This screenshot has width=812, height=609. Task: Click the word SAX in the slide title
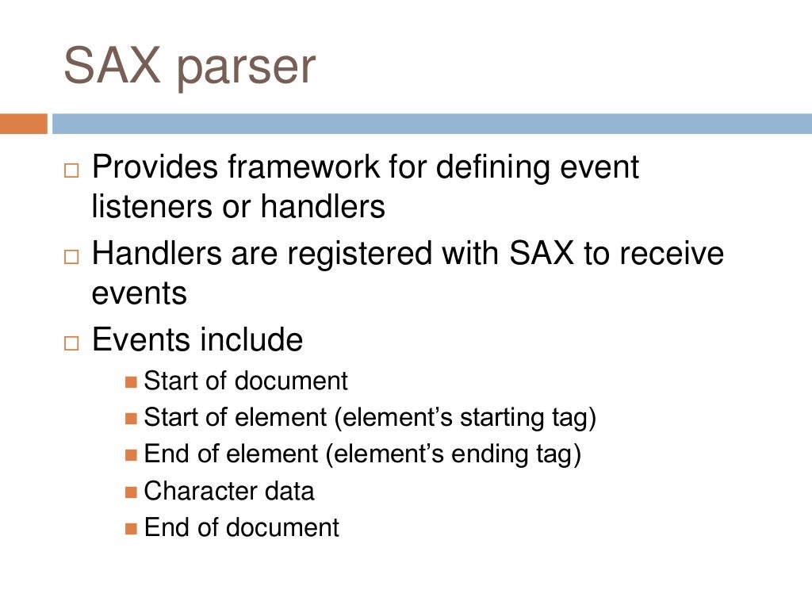[x=112, y=66]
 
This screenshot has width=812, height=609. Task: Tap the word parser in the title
[x=246, y=69]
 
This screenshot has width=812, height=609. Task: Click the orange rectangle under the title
[x=24, y=124]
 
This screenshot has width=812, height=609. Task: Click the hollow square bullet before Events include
[x=72, y=343]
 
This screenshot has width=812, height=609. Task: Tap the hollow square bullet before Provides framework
[x=72, y=170]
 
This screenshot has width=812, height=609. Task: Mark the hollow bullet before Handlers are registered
[x=72, y=257]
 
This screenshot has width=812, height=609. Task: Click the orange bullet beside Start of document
[x=132, y=382]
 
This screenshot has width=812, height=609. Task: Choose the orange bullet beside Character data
[x=132, y=492]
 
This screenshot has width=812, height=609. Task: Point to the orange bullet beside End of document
[x=132, y=528]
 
